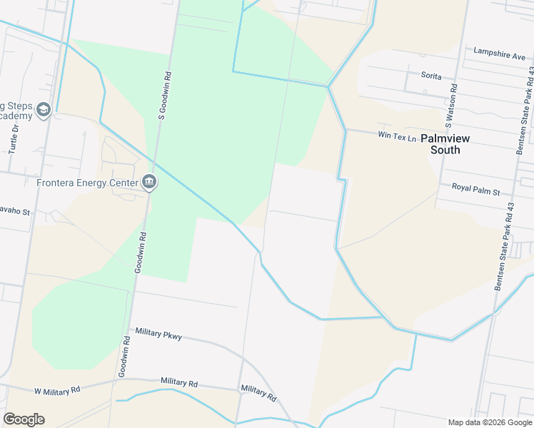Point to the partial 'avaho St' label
click(x=14, y=212)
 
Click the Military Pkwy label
click(x=158, y=335)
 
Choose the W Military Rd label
click(x=58, y=390)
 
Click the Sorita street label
click(x=430, y=76)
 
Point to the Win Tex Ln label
click(x=396, y=136)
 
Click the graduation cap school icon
click(x=44, y=109)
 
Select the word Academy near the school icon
click(x=16, y=116)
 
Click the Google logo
click(x=24, y=419)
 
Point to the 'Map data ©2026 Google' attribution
click(x=490, y=422)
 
